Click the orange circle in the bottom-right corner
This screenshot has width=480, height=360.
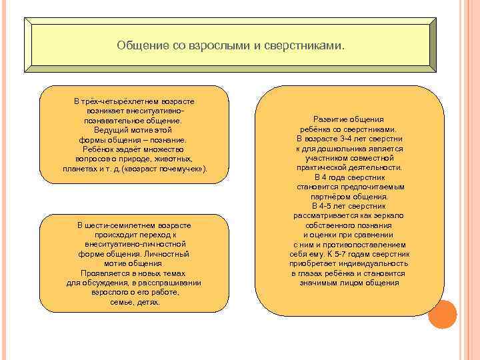click(x=442, y=314)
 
